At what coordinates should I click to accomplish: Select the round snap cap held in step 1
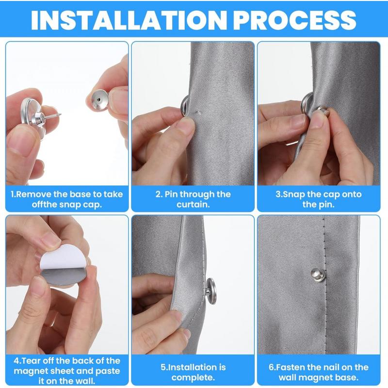tap(99, 99)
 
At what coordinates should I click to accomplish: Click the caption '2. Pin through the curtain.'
tap(193, 199)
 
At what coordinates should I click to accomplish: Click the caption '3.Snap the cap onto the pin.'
tap(318, 199)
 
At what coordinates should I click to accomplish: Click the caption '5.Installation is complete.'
tap(193, 372)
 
